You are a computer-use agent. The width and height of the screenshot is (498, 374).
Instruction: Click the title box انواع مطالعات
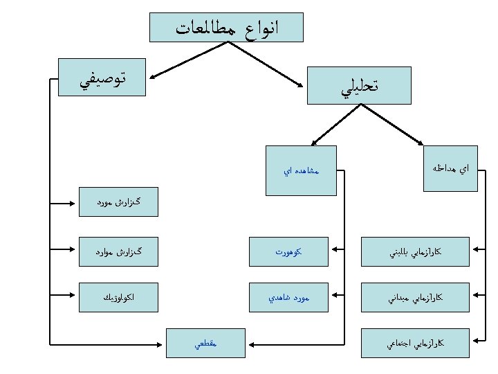tap(226, 27)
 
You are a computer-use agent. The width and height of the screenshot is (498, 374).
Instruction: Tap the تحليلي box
tap(358, 86)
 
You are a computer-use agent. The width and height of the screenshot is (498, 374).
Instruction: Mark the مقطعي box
tap(206, 342)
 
